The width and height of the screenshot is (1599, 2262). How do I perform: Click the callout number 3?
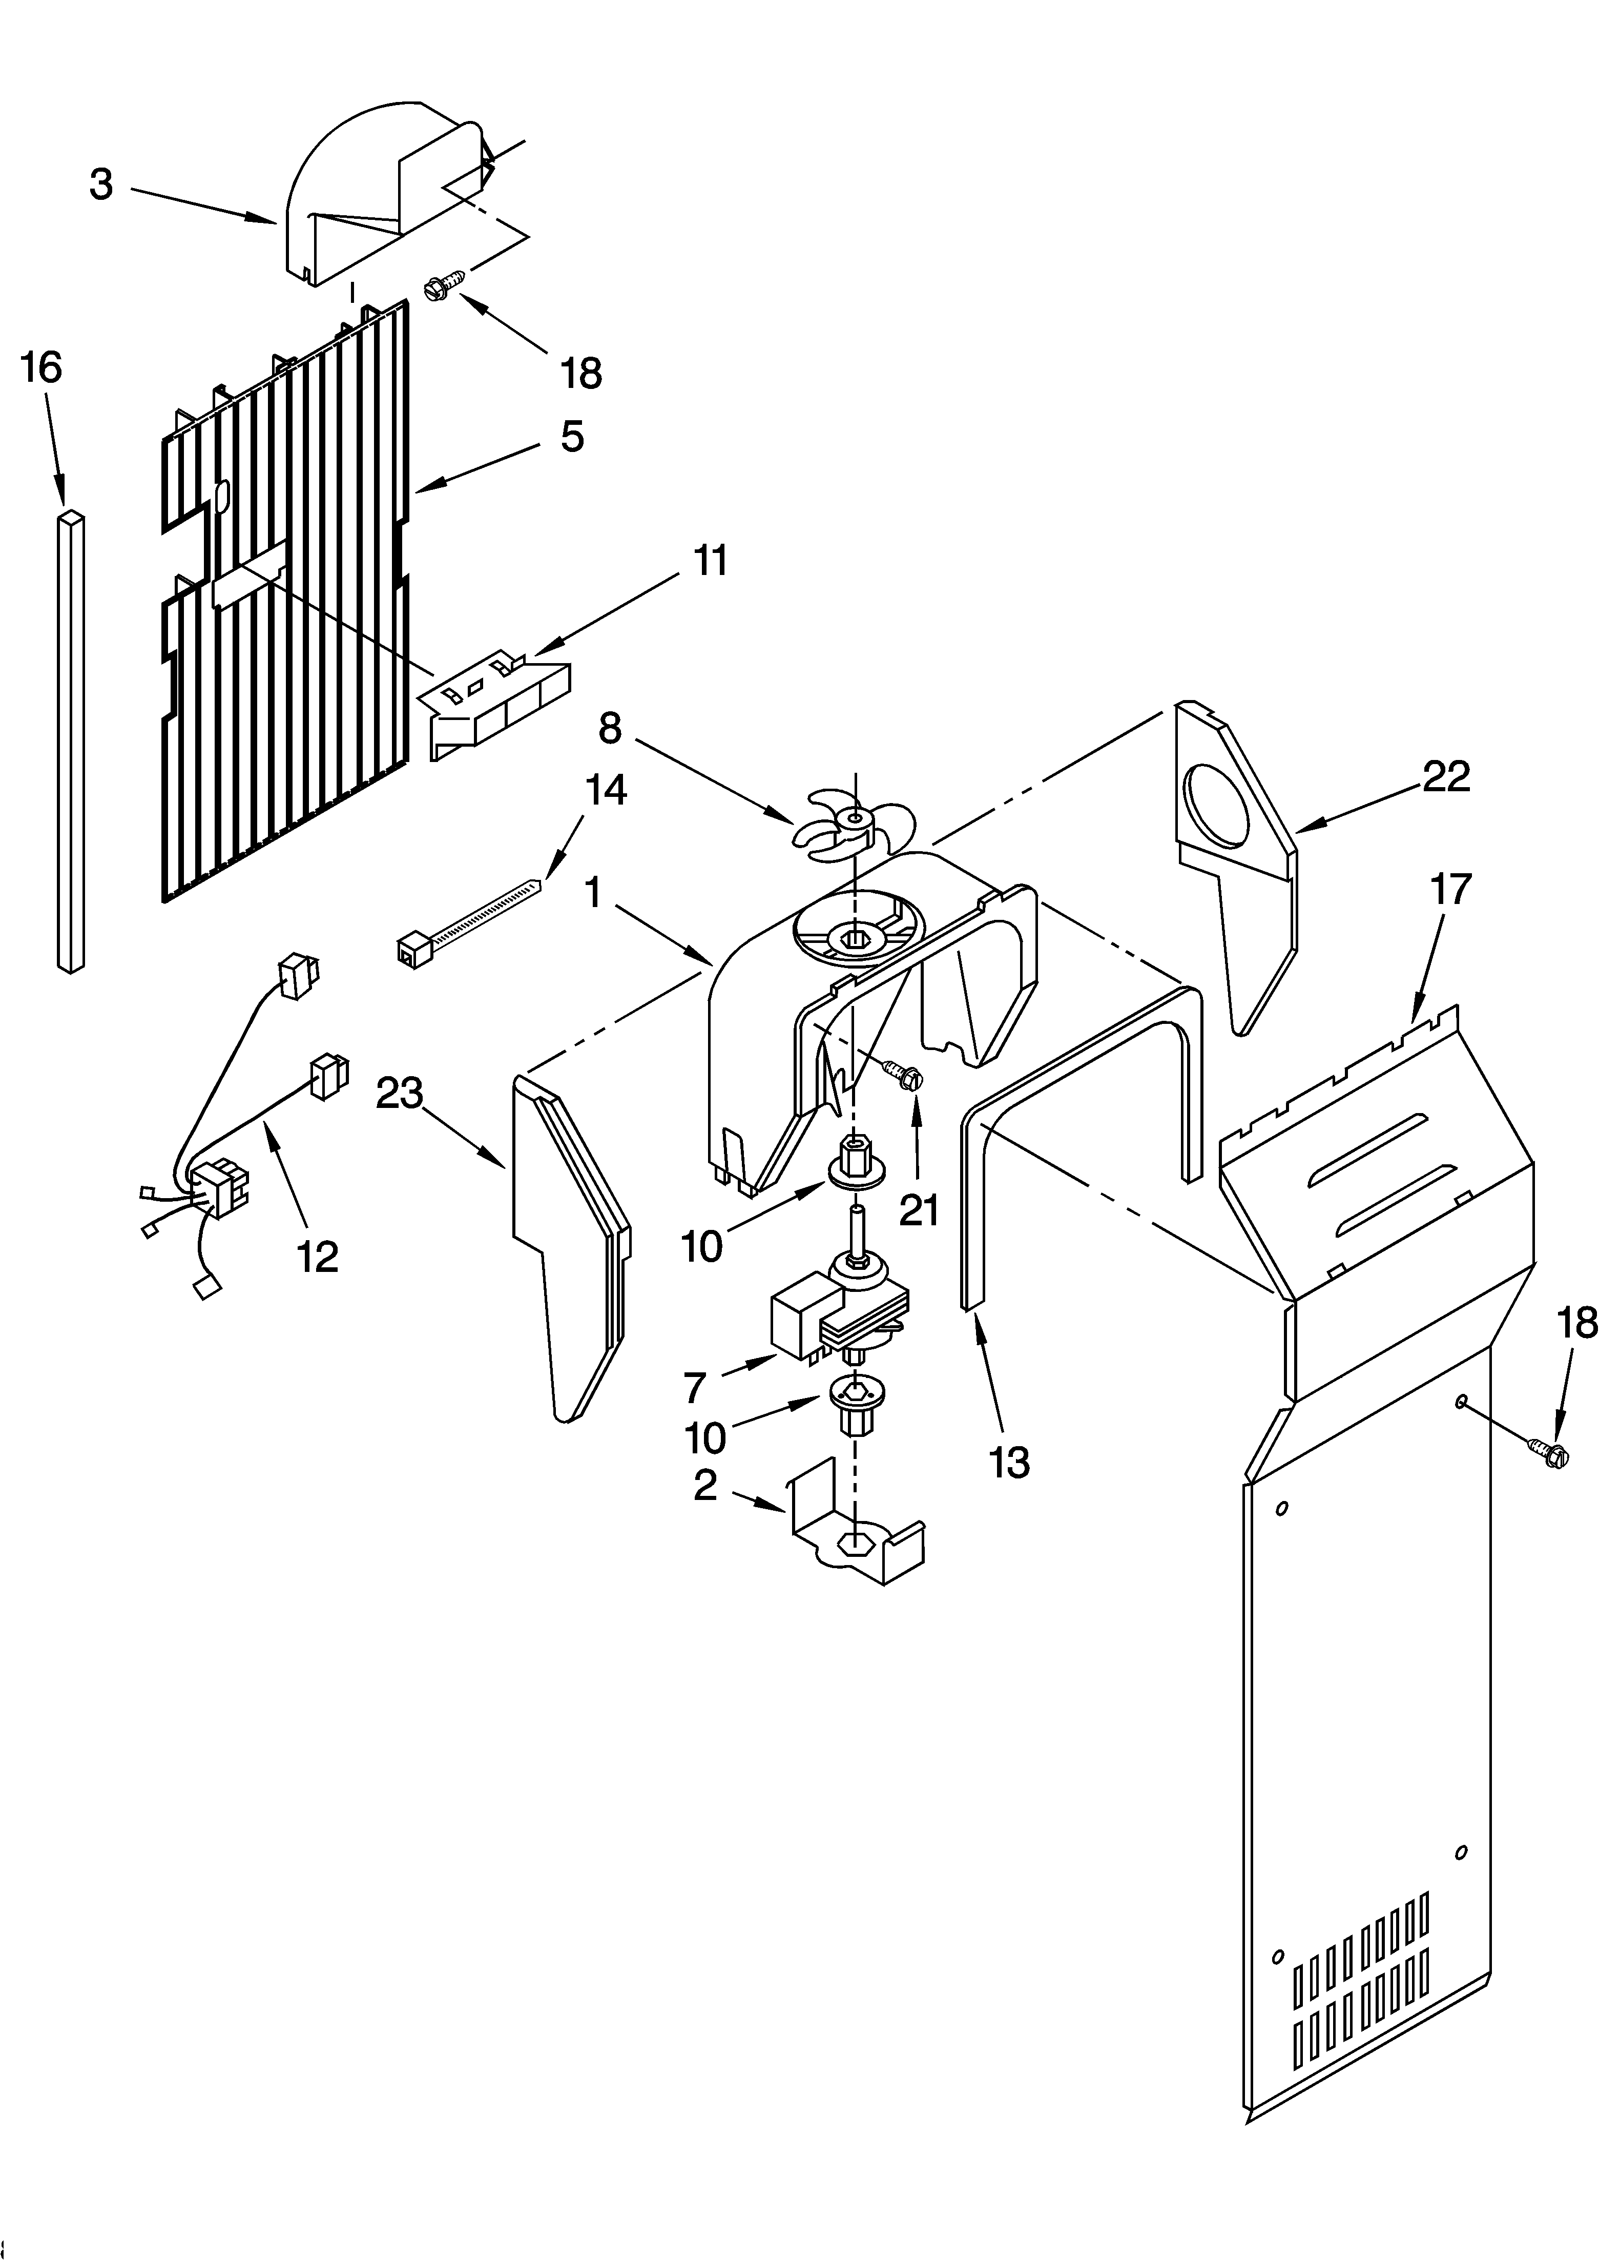tap(101, 184)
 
